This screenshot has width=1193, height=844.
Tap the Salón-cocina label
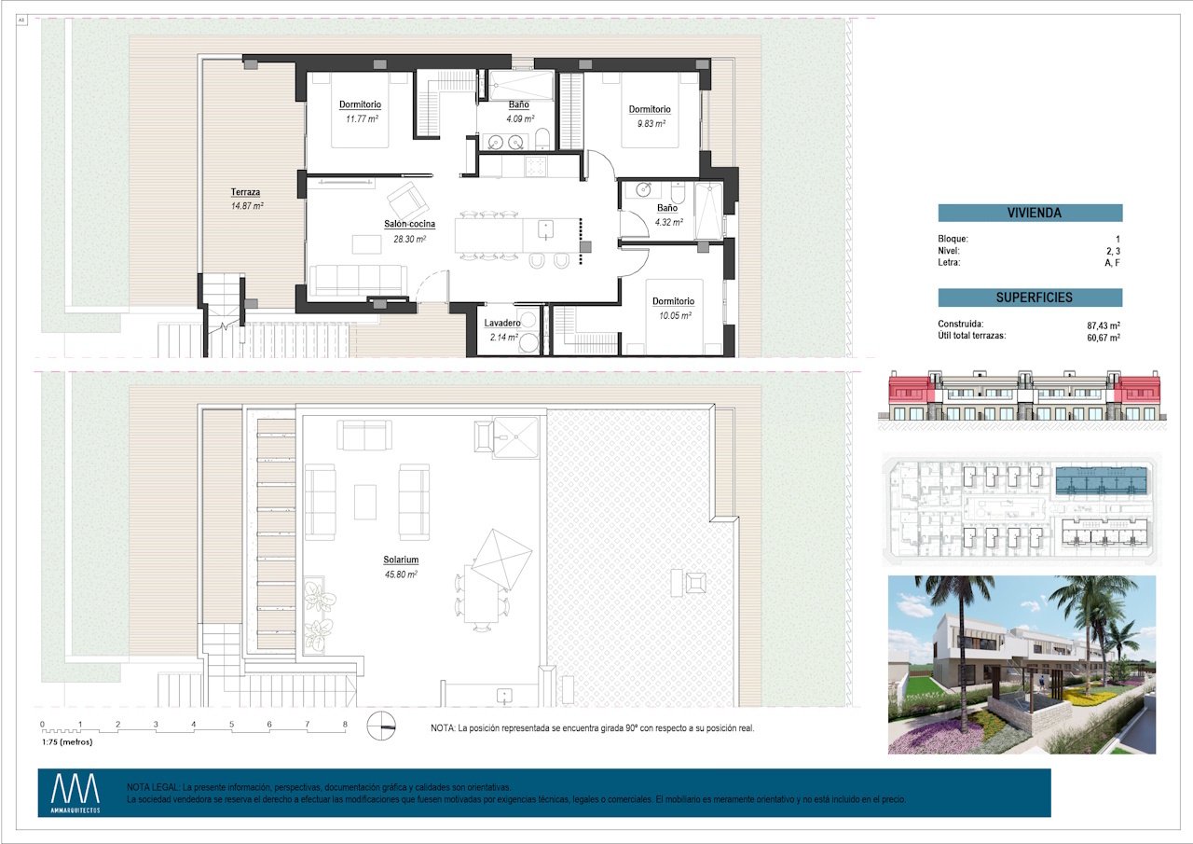tap(409, 224)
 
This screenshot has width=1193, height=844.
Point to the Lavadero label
tap(502, 324)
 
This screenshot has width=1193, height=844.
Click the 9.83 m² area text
tap(649, 123)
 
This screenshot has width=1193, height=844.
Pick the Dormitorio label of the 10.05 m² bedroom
tap(673, 301)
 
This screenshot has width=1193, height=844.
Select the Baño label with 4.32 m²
tap(667, 208)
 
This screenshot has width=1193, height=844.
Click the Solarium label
tap(400, 560)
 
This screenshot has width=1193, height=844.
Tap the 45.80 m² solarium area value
tap(400, 574)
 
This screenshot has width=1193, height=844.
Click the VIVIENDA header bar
tap(1030, 213)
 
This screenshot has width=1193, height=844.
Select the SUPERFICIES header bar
tap(1030, 297)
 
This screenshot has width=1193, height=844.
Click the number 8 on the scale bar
tap(345, 724)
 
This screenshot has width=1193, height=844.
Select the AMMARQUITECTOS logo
tap(75, 794)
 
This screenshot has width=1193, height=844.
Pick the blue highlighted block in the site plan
tap(1099, 481)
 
